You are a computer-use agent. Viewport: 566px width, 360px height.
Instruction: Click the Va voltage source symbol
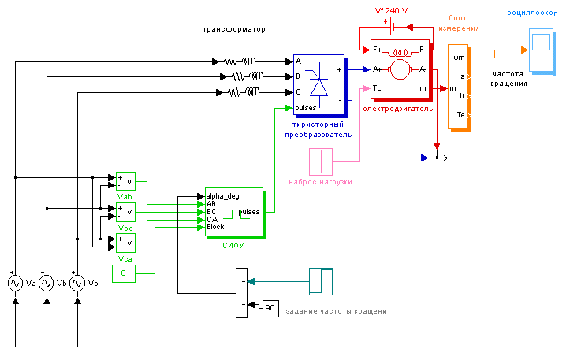click(x=14, y=282)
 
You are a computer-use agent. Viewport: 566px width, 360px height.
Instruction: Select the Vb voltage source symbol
click(x=46, y=282)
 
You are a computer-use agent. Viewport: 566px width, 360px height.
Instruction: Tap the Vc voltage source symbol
click(x=77, y=282)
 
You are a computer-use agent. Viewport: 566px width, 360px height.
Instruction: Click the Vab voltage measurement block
click(x=125, y=181)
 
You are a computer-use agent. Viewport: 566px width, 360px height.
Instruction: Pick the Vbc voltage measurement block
click(x=125, y=213)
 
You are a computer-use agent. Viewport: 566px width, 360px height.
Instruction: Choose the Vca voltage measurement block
click(x=125, y=243)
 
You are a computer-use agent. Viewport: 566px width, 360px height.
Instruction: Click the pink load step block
click(x=321, y=161)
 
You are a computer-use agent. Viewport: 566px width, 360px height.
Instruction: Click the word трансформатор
click(x=234, y=29)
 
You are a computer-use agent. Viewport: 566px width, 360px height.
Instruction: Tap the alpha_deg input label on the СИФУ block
click(x=222, y=195)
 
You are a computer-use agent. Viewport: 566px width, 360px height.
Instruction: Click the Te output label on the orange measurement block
click(x=462, y=115)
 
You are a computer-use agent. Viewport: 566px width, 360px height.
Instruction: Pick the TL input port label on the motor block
click(x=378, y=88)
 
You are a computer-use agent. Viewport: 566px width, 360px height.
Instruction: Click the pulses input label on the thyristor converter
click(x=306, y=107)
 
